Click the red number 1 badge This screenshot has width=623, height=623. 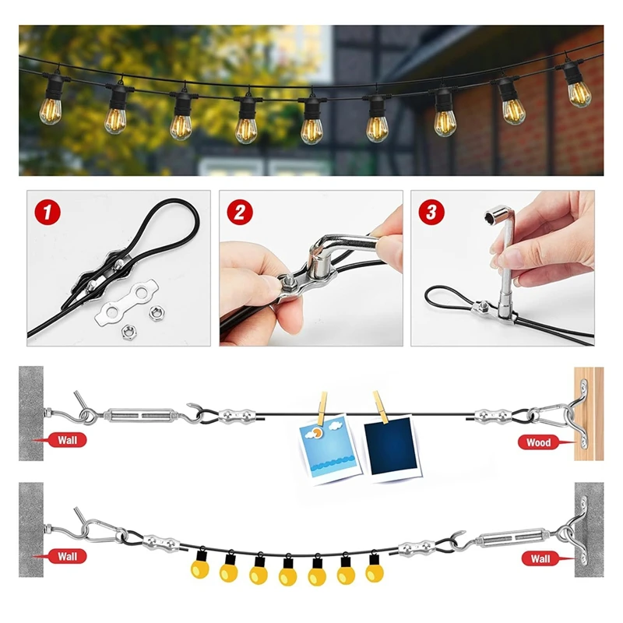point(49,211)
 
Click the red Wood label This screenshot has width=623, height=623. point(538,442)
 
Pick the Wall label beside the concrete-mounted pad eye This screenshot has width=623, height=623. point(540,558)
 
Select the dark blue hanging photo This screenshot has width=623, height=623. point(388,449)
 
